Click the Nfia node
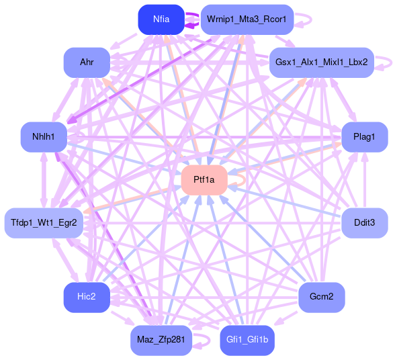(161, 19)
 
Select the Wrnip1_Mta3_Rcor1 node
(247, 19)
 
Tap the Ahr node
(87, 62)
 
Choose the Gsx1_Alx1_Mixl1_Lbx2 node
(322, 62)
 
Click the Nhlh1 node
(44, 137)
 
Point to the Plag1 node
(365, 137)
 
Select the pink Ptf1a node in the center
(204, 180)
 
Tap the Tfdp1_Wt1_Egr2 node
(44, 223)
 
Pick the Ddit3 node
(365, 223)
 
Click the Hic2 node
(87, 298)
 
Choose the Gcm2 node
(322, 298)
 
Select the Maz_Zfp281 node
(161, 341)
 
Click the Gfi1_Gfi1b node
(247, 341)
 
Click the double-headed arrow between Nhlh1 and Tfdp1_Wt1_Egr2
(44, 180)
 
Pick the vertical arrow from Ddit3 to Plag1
(365, 180)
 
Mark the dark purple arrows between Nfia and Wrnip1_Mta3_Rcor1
(193, 19)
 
